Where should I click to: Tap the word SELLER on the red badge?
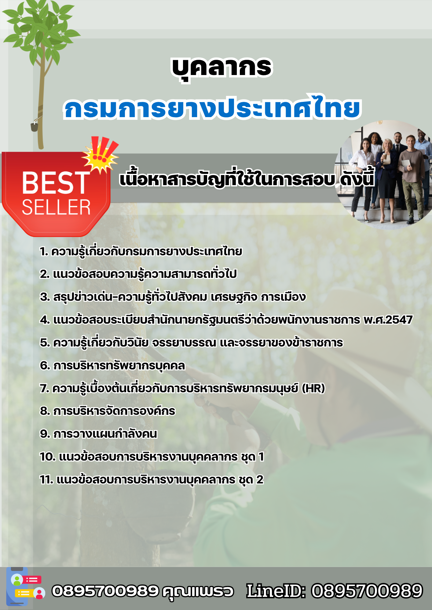click(x=56, y=208)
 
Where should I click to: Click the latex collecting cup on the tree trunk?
click(x=35, y=126)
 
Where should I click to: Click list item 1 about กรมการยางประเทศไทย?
click(x=141, y=252)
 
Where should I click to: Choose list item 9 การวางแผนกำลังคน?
click(x=98, y=434)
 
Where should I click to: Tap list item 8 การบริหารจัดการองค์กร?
click(x=108, y=411)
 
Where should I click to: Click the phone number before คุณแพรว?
click(x=105, y=591)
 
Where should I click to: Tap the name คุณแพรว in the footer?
click(x=198, y=591)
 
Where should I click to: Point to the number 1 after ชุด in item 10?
click(x=261, y=457)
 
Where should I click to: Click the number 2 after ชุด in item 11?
click(x=260, y=480)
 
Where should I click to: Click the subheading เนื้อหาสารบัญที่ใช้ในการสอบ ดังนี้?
click(x=247, y=180)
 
